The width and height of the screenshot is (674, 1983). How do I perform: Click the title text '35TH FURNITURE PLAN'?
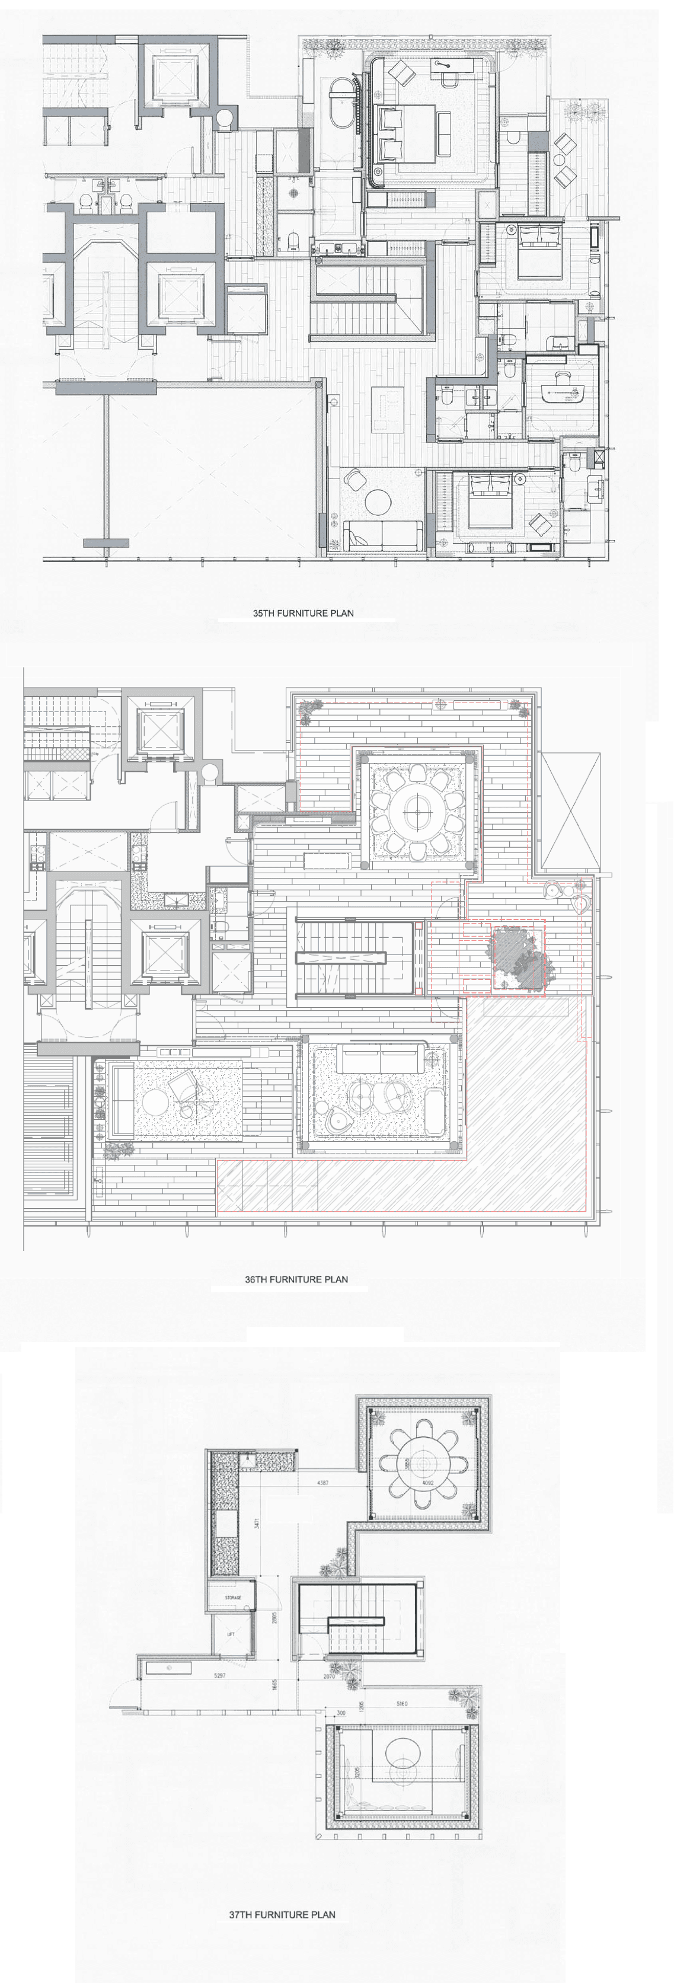click(x=303, y=614)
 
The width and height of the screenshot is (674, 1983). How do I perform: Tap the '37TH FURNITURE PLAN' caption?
click(x=282, y=1914)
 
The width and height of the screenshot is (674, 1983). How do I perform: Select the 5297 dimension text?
click(x=219, y=1676)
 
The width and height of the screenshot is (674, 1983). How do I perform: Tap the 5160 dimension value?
click(x=403, y=1704)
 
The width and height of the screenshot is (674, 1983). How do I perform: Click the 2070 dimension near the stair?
click(x=328, y=1676)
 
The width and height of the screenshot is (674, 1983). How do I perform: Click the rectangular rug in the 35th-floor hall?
click(x=388, y=409)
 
